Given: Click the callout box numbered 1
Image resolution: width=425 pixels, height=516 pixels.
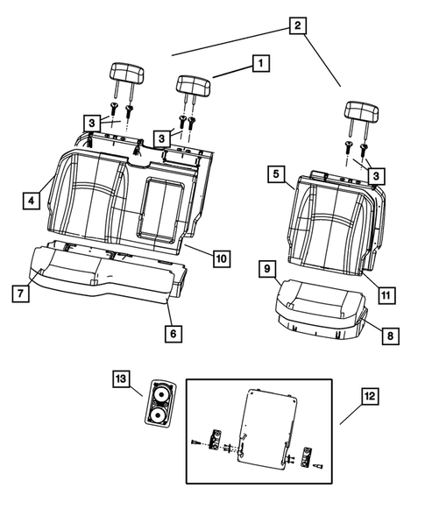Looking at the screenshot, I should pos(260,62).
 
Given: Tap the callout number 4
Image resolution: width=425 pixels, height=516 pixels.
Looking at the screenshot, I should pos(31,201).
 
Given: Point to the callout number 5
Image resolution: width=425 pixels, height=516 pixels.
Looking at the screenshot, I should pos(276,175).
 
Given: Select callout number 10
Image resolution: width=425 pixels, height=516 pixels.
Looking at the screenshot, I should pos(220,258).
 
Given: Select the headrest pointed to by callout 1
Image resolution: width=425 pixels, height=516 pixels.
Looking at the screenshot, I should pos(193,84).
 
